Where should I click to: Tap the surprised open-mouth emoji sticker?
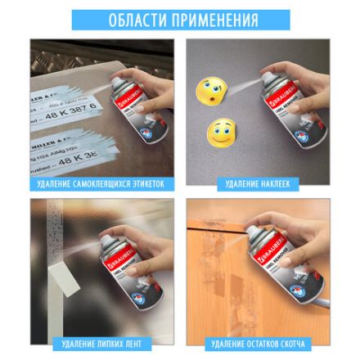[x=208, y=89]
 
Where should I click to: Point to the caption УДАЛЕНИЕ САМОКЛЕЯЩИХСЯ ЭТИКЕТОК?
[x=101, y=184]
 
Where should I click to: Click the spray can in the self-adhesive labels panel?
[x=131, y=115]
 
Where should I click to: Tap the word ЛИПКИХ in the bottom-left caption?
[x=105, y=344]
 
